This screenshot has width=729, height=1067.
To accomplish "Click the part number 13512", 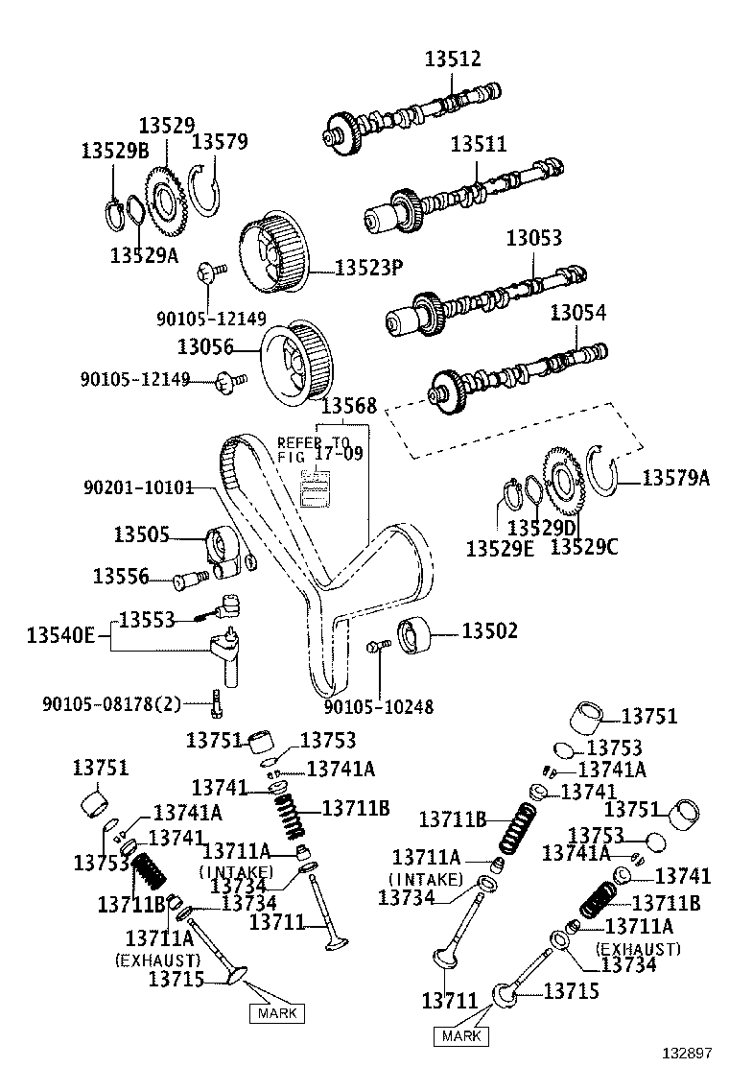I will point(453,59).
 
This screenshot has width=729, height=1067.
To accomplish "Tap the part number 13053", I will point(533,238).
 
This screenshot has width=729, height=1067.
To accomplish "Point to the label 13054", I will point(577,314).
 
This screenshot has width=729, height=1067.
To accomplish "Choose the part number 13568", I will point(348,406).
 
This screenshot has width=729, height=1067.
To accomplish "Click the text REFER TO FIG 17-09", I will point(319,447).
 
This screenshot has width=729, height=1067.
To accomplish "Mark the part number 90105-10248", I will point(378,707).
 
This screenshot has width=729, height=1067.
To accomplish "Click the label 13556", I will point(121,576).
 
